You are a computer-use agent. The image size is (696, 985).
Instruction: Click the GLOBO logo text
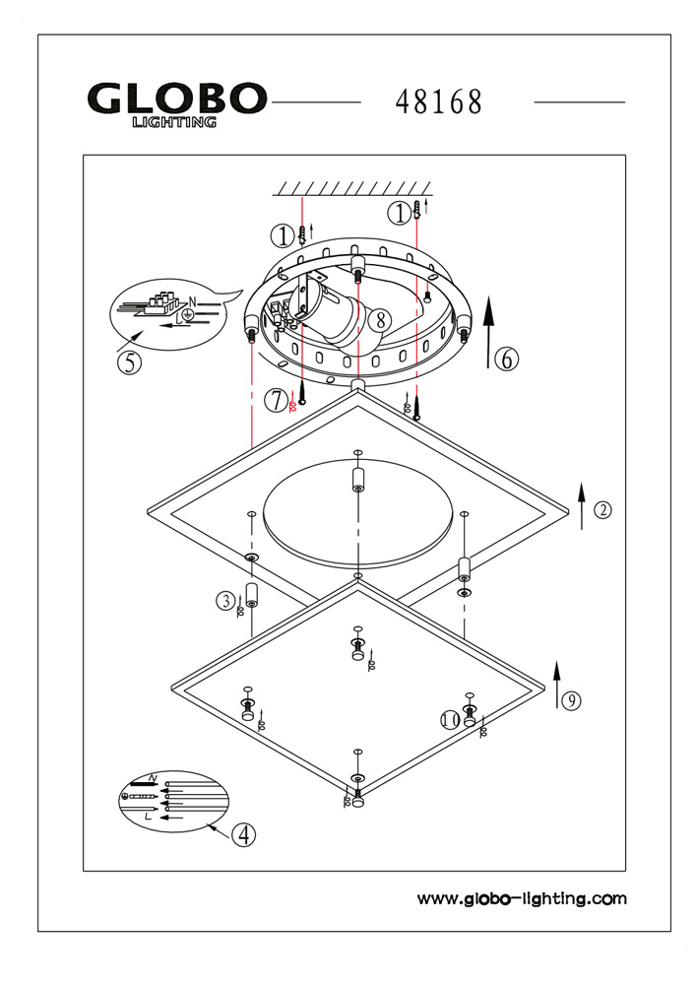click(x=177, y=99)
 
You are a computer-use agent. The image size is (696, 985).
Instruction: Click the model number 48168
click(x=439, y=101)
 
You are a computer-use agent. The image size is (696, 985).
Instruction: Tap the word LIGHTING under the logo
click(x=174, y=123)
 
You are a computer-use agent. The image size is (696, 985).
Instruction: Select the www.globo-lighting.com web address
click(x=522, y=898)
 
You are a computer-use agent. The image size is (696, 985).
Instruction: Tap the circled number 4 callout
click(x=243, y=834)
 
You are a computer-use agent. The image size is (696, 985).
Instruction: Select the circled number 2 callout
click(x=602, y=509)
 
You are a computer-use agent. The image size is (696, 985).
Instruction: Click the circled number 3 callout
click(x=226, y=599)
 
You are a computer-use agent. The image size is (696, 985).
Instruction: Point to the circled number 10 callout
click(x=451, y=720)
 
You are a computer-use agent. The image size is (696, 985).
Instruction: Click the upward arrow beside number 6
click(x=488, y=336)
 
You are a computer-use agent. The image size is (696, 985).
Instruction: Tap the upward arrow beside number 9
click(x=557, y=685)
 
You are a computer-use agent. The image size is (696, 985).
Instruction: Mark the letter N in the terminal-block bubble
click(x=193, y=301)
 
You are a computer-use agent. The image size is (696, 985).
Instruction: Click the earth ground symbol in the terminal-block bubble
click(x=187, y=314)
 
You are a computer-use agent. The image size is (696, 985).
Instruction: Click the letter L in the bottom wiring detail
click(x=147, y=817)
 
